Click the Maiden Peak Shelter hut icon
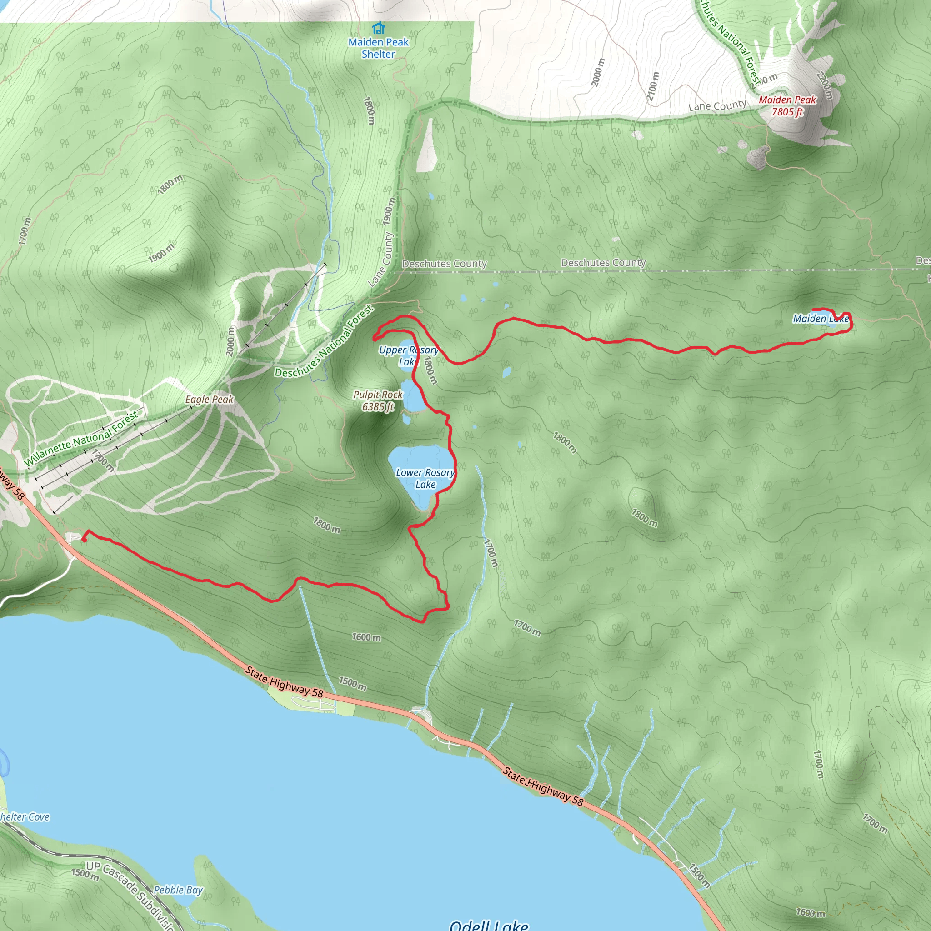379,27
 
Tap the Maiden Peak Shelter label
378,48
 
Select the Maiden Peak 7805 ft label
787,105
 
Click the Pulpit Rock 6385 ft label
378,400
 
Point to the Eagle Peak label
209,399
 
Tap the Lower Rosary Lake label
425,478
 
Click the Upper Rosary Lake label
408,355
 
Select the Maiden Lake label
821,319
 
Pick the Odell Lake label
489,924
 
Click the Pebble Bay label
178,890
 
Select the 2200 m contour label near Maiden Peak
825,85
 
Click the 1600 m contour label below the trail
366,637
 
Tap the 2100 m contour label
653,87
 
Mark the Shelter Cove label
24,817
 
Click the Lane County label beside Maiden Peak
717,105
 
